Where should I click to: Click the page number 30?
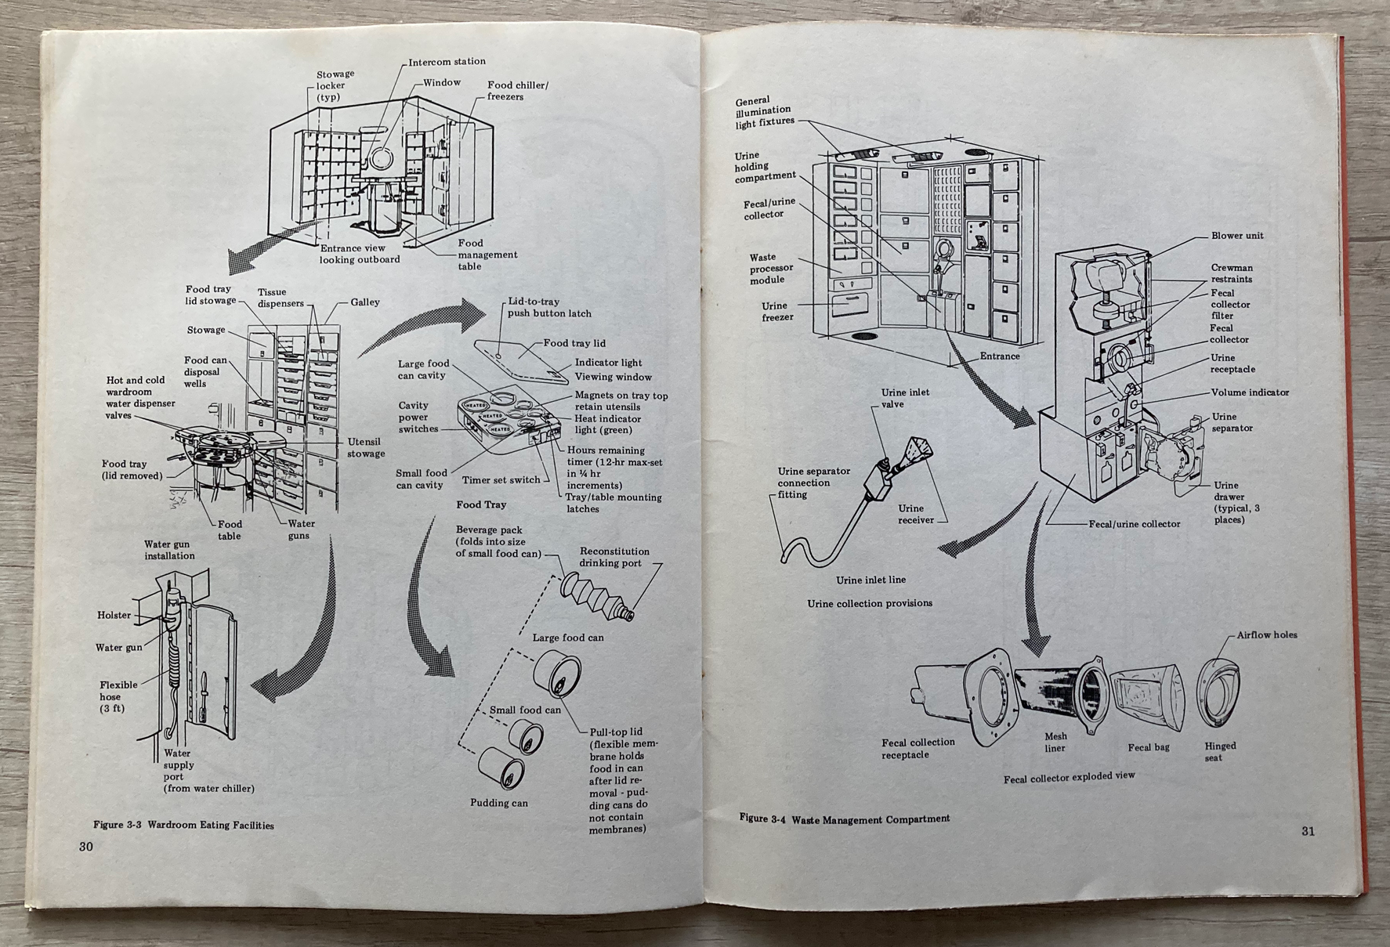[85, 846]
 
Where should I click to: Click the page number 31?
[1308, 831]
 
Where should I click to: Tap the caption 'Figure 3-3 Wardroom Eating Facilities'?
[183, 825]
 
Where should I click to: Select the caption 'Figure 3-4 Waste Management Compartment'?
[844, 819]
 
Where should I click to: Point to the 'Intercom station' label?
[447, 62]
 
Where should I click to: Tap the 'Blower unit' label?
[1237, 236]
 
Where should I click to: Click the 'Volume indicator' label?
[1250, 392]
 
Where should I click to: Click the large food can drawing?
[556, 673]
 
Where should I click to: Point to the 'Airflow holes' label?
[1267, 635]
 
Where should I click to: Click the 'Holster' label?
[114, 616]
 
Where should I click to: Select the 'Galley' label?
[365, 302]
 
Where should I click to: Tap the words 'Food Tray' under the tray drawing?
[481, 504]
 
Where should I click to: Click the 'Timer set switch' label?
[501, 480]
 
